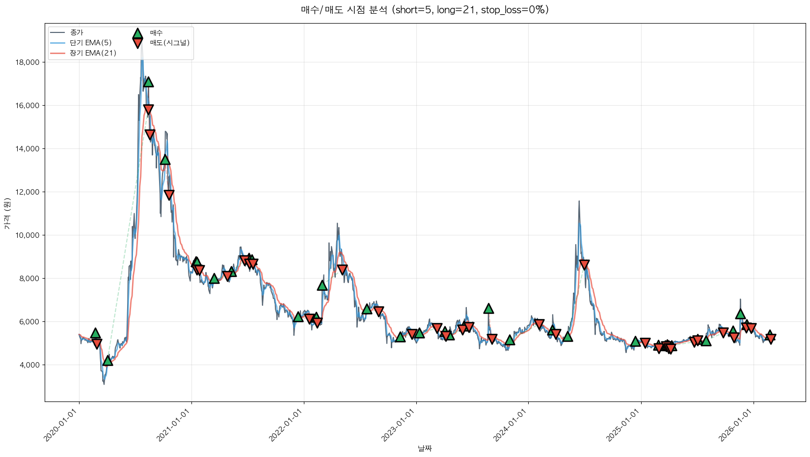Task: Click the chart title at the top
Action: click(425, 10)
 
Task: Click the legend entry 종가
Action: click(77, 32)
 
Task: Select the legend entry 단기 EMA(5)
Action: click(91, 43)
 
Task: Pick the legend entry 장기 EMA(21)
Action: click(93, 53)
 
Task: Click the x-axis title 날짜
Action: click(425, 448)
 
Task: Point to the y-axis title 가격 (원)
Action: click(7, 213)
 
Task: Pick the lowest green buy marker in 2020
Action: click(108, 361)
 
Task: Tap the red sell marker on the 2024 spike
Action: click(584, 265)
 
